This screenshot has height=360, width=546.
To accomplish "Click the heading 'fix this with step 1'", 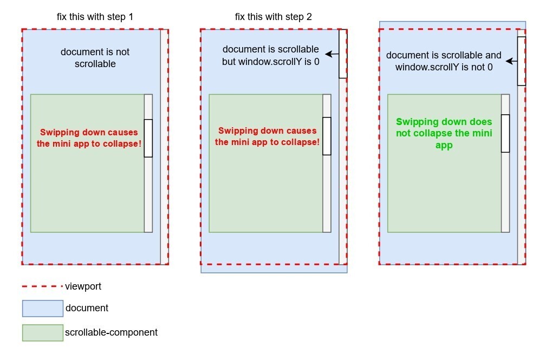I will (x=95, y=17).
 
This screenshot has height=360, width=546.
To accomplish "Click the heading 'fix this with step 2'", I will (x=273, y=17).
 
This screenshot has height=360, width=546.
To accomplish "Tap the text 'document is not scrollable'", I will (x=95, y=58).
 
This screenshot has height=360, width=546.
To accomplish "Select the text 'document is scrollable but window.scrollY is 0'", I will (x=270, y=56).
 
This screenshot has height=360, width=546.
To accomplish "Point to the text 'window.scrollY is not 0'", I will (x=444, y=67).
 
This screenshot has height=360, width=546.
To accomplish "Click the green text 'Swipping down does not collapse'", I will (x=444, y=134).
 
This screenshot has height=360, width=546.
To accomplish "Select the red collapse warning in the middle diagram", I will (x=267, y=136).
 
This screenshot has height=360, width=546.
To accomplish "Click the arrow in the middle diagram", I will (x=331, y=54).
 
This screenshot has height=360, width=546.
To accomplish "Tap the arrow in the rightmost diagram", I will (x=510, y=61).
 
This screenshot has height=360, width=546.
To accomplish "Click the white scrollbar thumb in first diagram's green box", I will (x=148, y=138).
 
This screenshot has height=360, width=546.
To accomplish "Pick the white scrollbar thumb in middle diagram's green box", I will (x=327, y=136).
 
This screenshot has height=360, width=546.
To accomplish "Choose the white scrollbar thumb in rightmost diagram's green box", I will (x=505, y=133).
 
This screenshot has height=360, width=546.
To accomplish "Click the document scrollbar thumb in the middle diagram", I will (x=343, y=54).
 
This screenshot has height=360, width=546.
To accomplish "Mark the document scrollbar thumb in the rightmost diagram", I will (x=521, y=61).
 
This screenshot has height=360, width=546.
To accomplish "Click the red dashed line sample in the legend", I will (x=42, y=286).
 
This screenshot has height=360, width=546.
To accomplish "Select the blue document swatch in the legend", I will (x=43, y=309).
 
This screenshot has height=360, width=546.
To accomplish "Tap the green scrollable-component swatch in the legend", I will (x=43, y=333).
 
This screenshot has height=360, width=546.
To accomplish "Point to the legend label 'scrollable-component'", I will (x=111, y=332).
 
